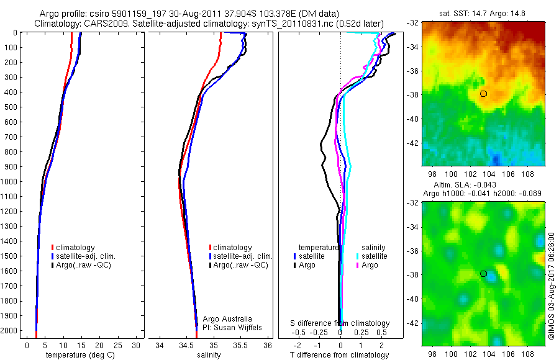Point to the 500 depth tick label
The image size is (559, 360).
[x=10, y=107]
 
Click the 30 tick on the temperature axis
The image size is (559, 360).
[x=137, y=345]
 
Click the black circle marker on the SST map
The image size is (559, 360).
[x=483, y=94]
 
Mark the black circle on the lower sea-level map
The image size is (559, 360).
[x=483, y=274]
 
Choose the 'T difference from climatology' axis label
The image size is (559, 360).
[x=340, y=355]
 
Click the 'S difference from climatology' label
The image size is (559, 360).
[x=340, y=323]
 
